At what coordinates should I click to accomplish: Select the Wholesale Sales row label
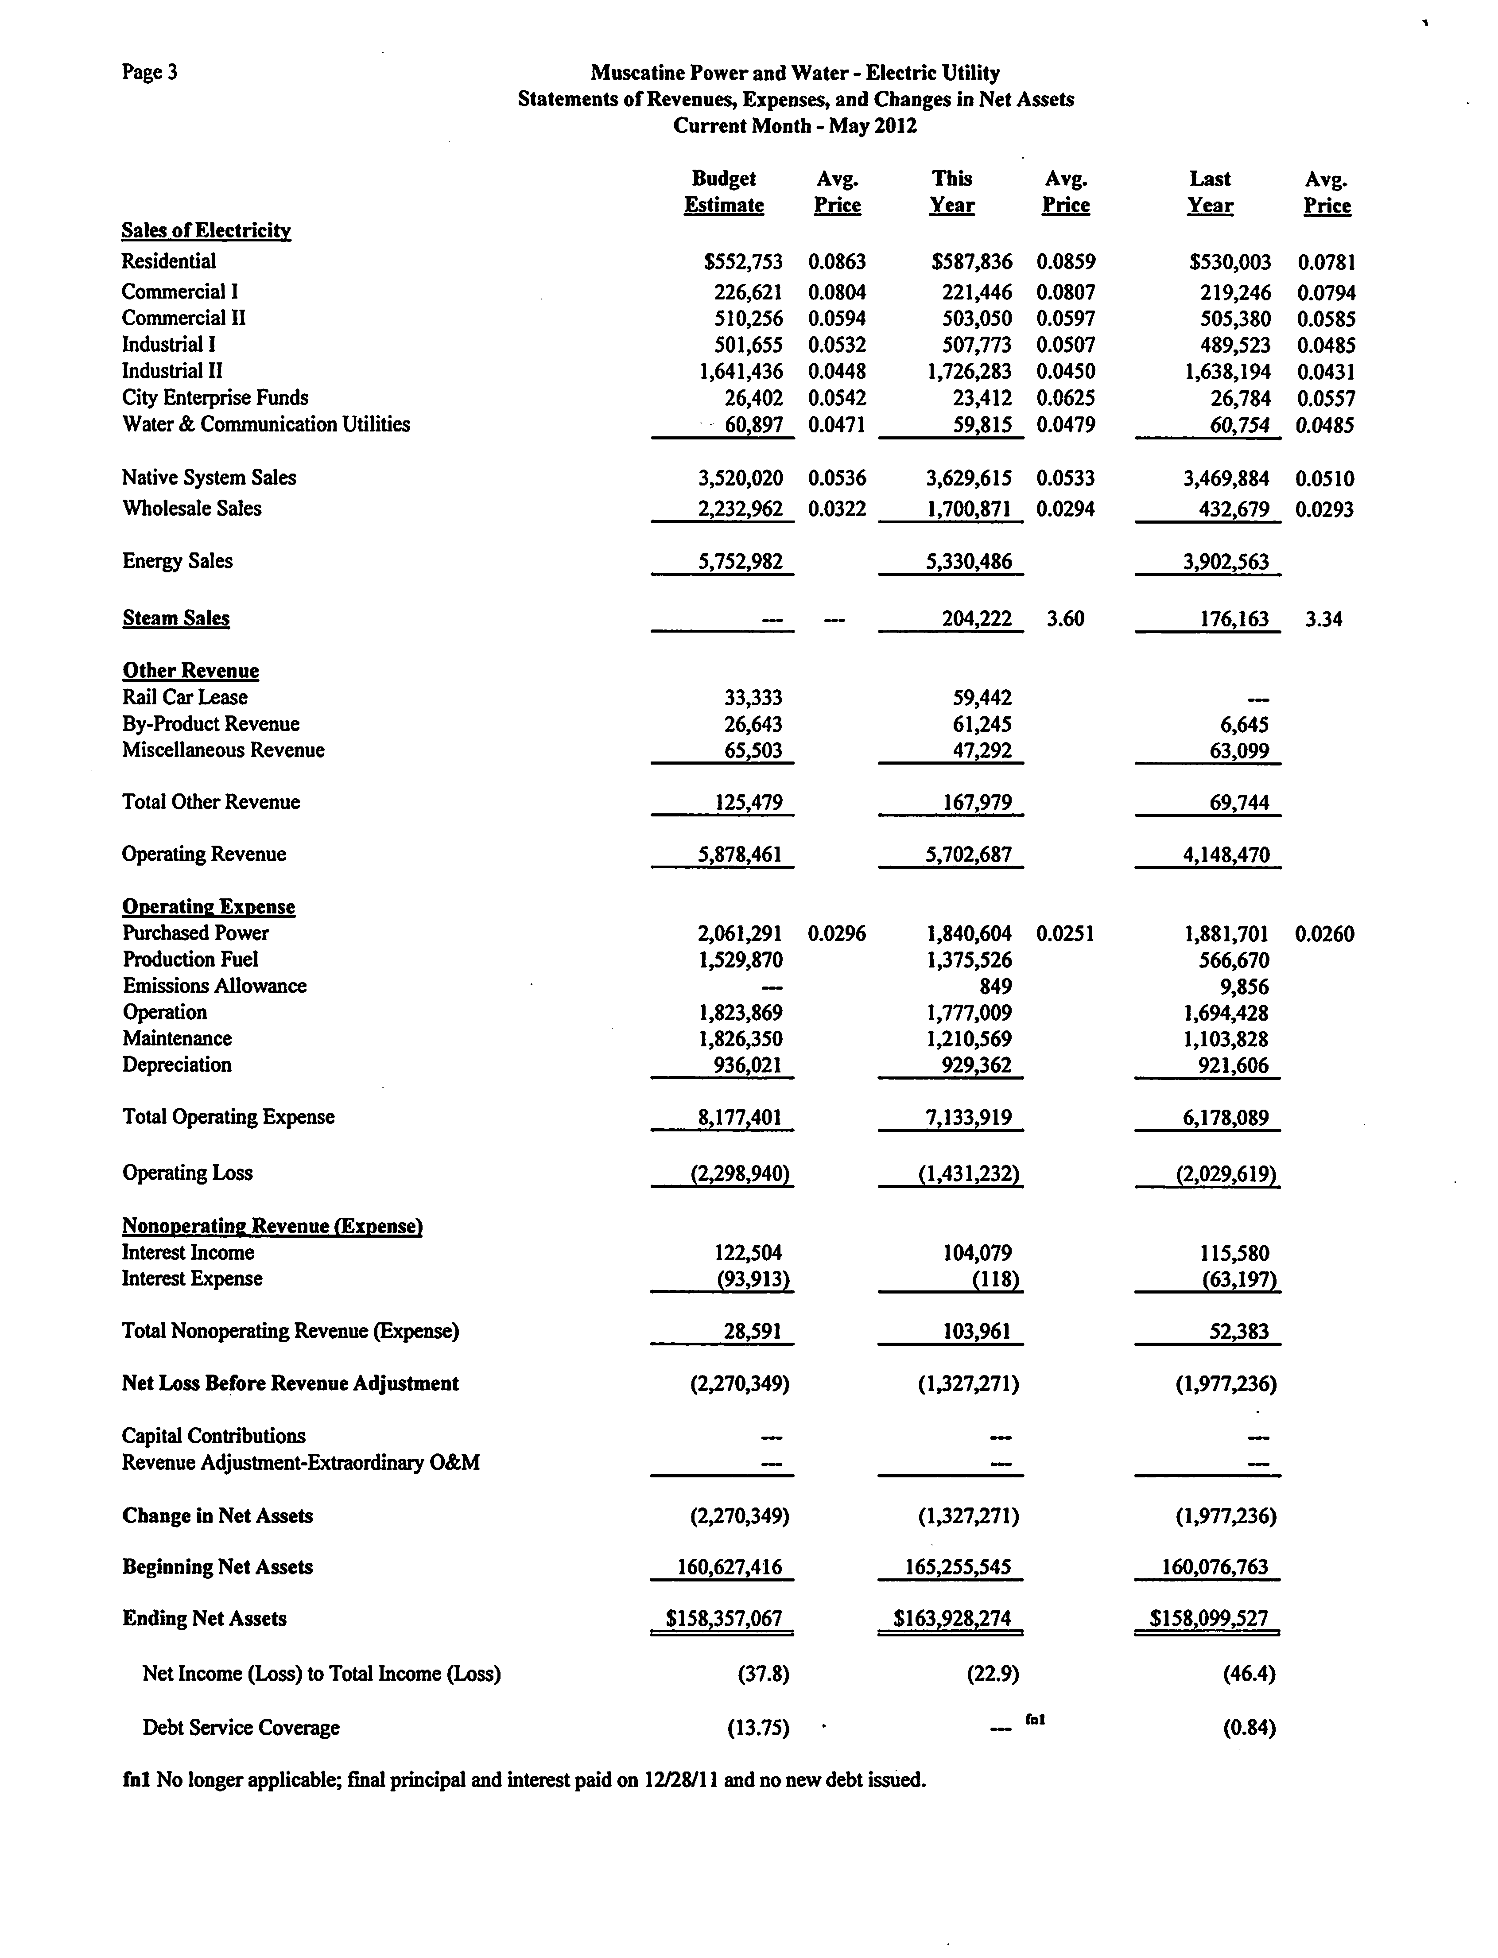(x=192, y=508)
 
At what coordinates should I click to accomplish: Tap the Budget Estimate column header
(x=724, y=192)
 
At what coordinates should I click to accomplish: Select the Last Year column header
(x=1210, y=192)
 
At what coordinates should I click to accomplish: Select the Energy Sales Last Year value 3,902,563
(x=1226, y=562)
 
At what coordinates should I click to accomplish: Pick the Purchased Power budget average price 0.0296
(x=836, y=933)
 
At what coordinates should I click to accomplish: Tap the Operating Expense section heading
(x=209, y=907)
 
